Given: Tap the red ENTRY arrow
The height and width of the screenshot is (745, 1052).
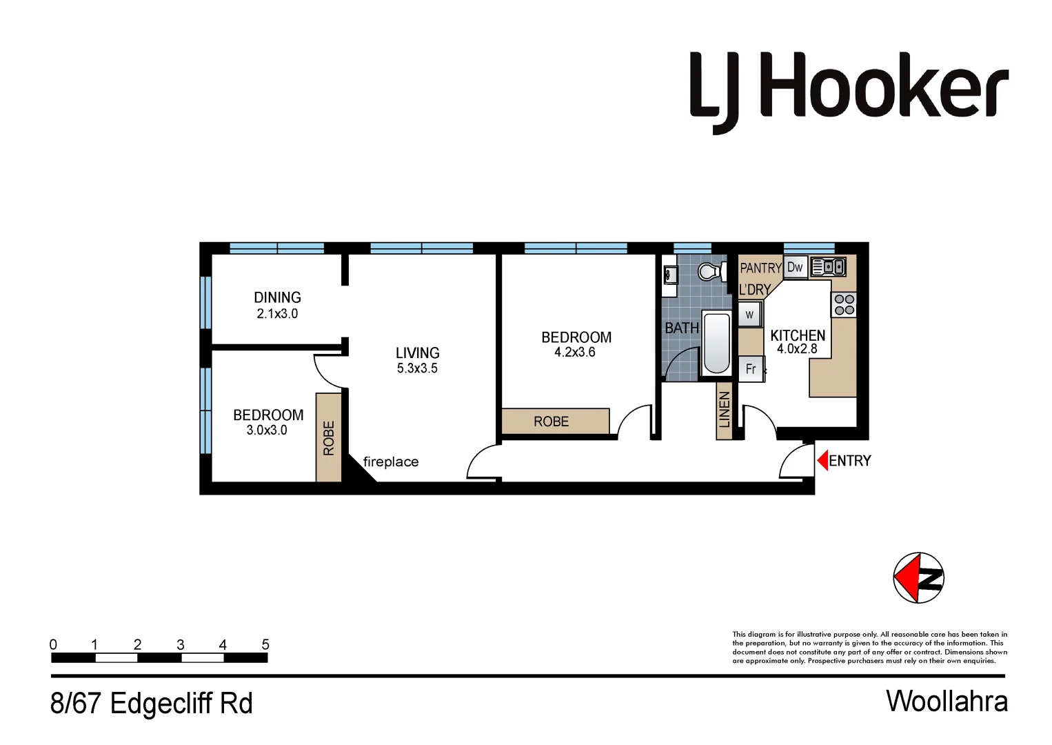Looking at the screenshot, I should click(822, 460).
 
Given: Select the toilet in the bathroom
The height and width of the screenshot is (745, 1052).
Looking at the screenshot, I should click(709, 271).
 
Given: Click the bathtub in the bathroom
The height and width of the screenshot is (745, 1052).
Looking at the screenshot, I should click(717, 344).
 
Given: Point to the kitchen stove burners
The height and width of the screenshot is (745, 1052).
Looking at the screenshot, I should click(844, 304).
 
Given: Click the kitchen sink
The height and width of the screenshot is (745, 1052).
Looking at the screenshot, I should click(828, 266).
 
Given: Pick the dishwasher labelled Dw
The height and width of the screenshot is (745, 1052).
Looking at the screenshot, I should click(795, 268).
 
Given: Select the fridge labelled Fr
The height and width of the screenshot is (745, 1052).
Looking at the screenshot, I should click(751, 369).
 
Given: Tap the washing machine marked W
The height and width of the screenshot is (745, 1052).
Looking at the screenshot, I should click(749, 315).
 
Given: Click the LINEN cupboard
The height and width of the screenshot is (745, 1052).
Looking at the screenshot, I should click(724, 410).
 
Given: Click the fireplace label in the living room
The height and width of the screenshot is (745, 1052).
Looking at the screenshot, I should click(391, 462).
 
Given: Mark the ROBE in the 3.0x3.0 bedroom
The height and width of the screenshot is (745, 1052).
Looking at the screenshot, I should click(329, 437).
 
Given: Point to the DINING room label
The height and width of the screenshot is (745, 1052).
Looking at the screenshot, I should click(277, 297).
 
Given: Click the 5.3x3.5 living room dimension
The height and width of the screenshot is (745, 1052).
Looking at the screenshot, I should click(417, 368).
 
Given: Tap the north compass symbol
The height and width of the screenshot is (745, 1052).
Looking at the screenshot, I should click(918, 578).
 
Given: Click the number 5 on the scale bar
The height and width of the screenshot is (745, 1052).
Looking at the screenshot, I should click(265, 644).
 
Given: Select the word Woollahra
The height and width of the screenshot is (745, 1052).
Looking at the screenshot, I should click(947, 702).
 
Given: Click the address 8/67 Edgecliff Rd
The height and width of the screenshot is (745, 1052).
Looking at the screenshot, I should click(152, 704).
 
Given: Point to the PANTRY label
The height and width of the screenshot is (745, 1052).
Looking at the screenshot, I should click(760, 268).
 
